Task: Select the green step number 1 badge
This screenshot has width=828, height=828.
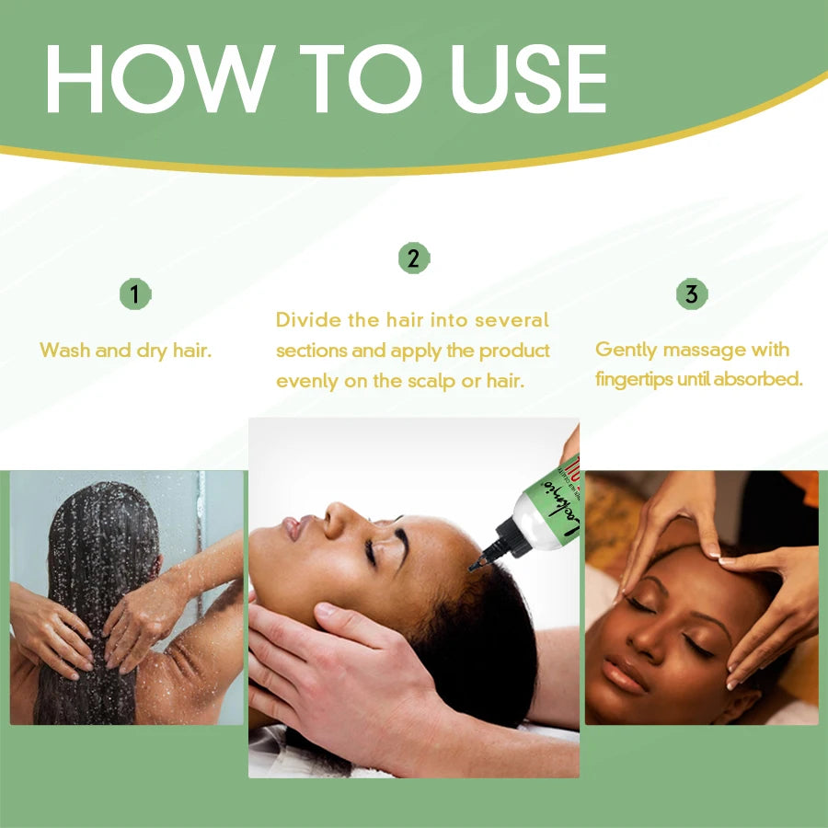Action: click(135, 294)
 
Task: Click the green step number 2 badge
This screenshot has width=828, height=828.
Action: click(413, 259)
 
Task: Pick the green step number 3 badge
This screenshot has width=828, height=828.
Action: click(692, 294)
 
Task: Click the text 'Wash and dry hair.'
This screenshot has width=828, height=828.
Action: click(126, 351)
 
